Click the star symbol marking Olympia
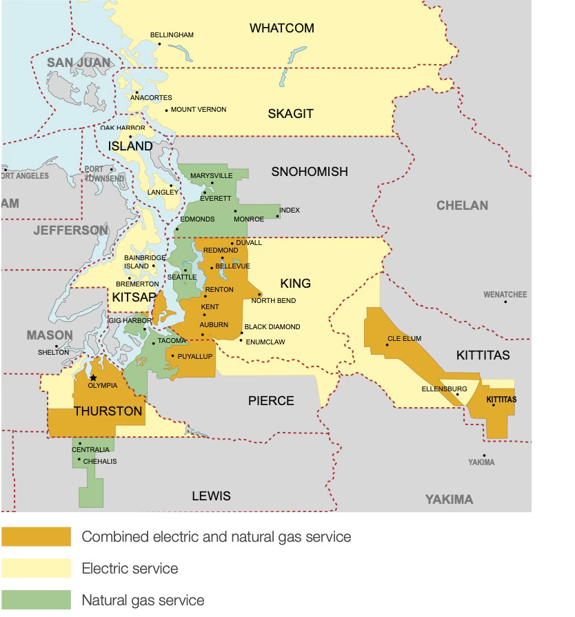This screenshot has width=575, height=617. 93,378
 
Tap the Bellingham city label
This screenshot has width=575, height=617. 172,35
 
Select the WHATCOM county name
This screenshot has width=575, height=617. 281,28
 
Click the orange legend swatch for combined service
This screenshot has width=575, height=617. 36,536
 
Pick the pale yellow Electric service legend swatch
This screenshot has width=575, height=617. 36,568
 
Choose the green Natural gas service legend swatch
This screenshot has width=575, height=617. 36,599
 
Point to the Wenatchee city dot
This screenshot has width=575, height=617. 505,302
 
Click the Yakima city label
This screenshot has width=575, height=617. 481,462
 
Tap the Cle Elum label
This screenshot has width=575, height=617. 404,339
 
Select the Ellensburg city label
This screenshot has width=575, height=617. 444,389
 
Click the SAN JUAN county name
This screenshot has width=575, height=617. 78,63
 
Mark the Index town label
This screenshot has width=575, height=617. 290,210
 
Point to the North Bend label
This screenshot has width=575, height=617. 273,301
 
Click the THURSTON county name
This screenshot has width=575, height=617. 108,411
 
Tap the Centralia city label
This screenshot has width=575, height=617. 90,450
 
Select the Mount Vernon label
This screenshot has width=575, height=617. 198,110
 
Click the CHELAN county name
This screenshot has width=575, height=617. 462,205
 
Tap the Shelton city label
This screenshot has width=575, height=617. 53,352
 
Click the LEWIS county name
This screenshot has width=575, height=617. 211,496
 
